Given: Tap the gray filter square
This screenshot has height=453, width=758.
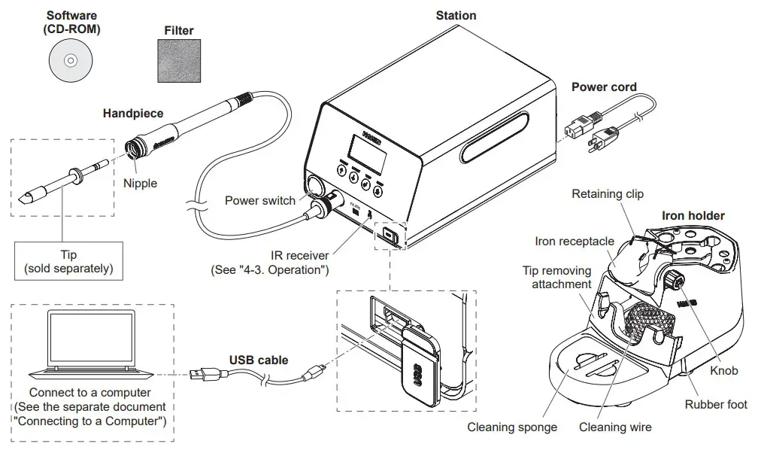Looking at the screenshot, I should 179,61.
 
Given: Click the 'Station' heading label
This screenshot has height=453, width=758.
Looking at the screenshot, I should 456,15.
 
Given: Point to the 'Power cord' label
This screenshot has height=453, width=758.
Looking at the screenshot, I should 604,87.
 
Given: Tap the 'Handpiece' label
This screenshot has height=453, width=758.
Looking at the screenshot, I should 132,114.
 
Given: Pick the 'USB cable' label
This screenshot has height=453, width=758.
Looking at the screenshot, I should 259,360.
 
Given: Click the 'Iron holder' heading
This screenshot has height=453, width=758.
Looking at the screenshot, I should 693,215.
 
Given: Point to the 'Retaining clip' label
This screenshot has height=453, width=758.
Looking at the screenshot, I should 608,194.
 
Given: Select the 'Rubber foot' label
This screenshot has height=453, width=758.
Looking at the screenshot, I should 715,405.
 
